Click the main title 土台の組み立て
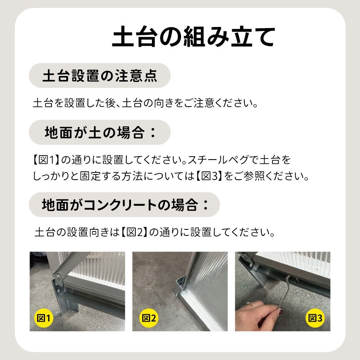click(x=193, y=37)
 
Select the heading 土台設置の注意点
click(x=100, y=76)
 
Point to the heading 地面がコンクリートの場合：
click(x=125, y=204)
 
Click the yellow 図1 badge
click(x=44, y=318)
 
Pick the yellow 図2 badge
click(x=149, y=318)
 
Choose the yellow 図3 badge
click(x=315, y=318)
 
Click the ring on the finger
click(x=250, y=305)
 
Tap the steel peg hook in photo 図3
click(x=285, y=292)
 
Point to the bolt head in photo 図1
click(x=58, y=274)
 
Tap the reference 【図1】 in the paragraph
click(x=46, y=160)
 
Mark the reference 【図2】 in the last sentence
click(x=134, y=232)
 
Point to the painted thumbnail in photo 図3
click(x=280, y=312)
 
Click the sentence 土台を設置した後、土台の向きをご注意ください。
click(x=145, y=103)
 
